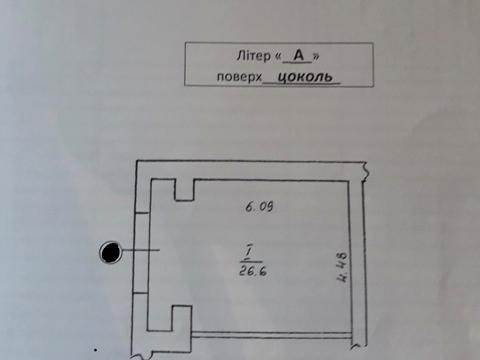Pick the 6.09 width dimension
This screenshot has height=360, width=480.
(259, 208)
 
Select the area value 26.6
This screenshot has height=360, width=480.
(251, 268)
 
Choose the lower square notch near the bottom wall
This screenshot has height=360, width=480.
(180, 318)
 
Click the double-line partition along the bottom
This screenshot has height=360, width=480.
(270, 333)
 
